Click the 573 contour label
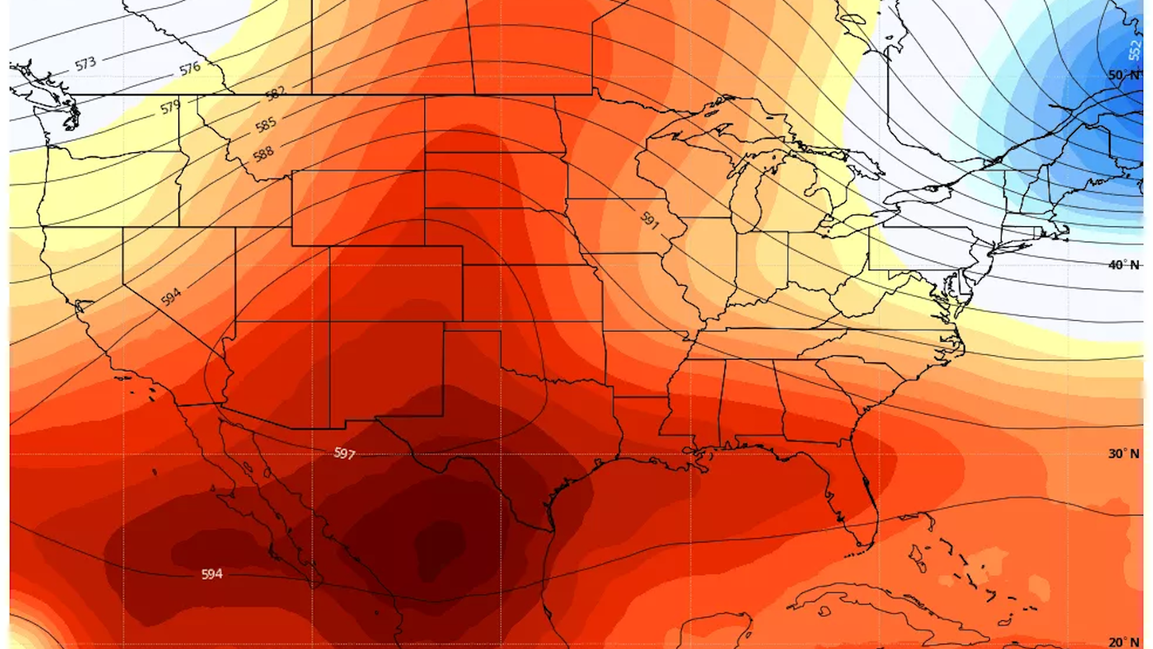85,64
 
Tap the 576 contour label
190,69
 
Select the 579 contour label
170,107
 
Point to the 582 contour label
275,93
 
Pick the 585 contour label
266,125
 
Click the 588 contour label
263,153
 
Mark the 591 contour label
649,221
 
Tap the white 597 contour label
344,453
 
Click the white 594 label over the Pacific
212,574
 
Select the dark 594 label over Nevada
171,296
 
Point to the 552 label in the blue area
1135,50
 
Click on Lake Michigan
747,191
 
